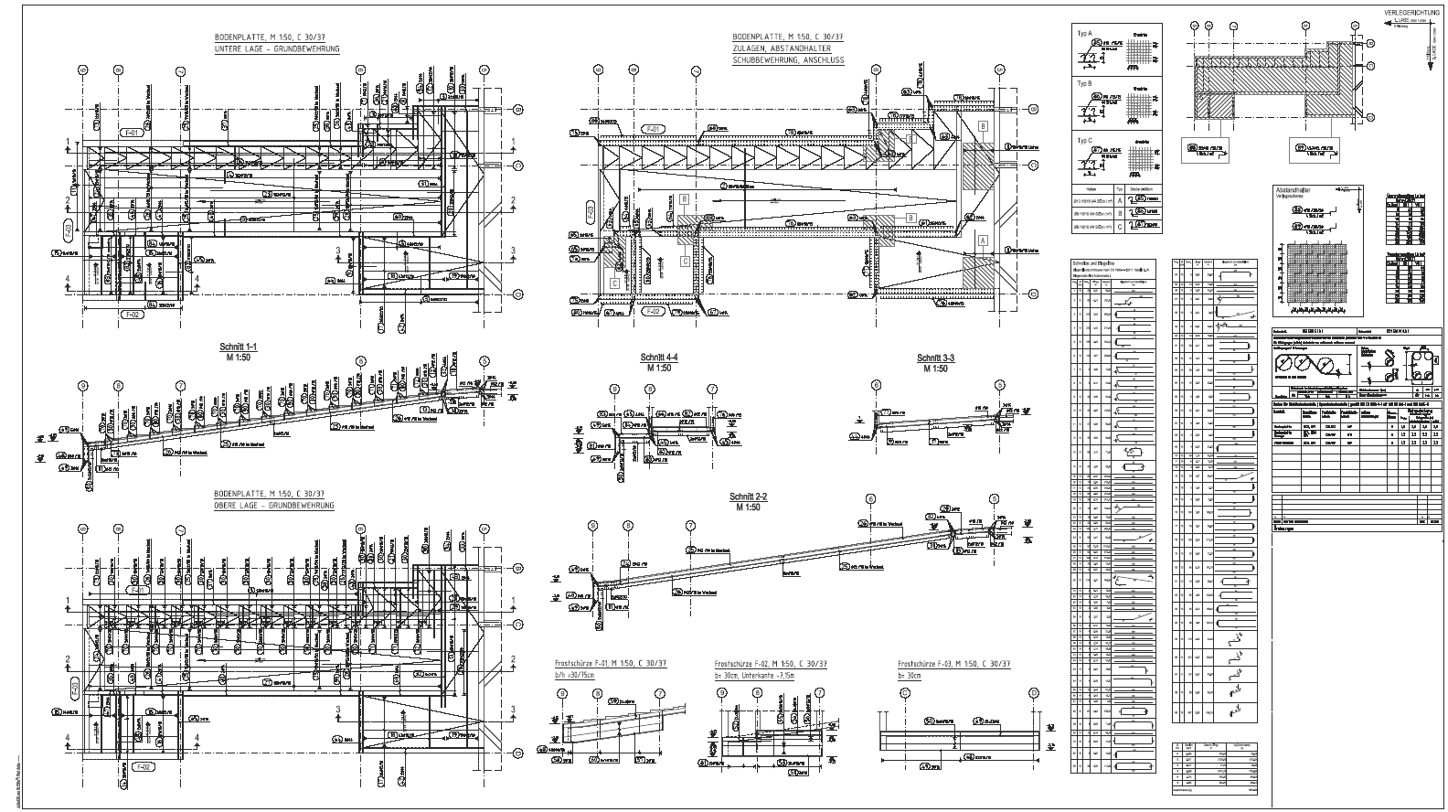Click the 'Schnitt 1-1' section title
[x=239, y=347]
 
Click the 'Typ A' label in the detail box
[x=1085, y=33]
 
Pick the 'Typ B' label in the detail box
[x=1085, y=83]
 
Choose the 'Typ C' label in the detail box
[x=1085, y=140]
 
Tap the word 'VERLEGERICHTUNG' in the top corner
[x=1411, y=13]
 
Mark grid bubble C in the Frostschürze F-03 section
[x=905, y=693]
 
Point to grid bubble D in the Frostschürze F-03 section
[x=1033, y=693]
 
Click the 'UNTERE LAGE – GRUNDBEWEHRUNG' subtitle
[x=277, y=48]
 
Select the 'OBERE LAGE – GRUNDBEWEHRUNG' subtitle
[x=273, y=506]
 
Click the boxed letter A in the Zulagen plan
[x=984, y=240]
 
